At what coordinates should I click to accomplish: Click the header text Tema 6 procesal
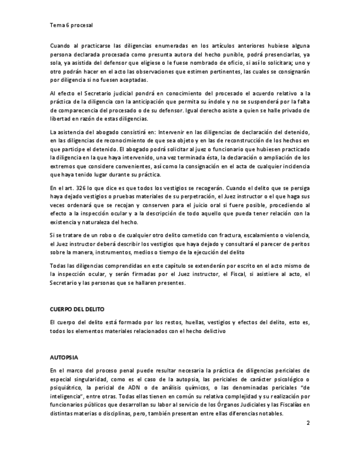71,25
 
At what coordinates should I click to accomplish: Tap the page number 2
308,424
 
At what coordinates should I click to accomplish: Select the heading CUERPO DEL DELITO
77,309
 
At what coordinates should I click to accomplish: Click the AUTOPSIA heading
64,357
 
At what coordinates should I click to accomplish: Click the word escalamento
253,235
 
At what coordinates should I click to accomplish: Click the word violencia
296,235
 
